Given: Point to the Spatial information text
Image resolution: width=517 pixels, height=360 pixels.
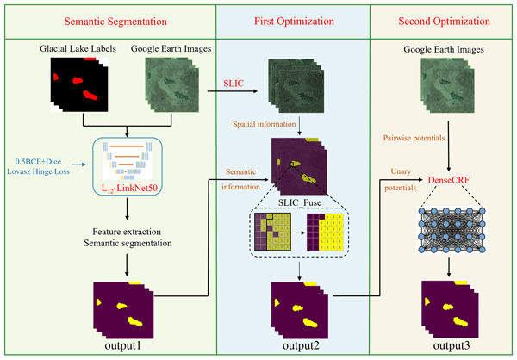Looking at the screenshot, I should [267, 125].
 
